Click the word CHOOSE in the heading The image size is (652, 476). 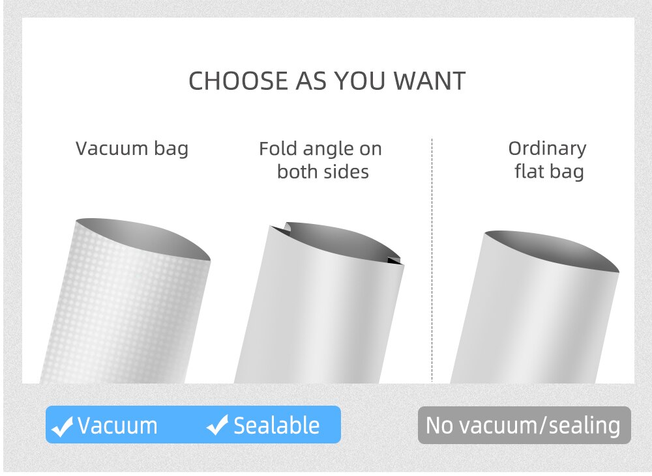tap(238, 81)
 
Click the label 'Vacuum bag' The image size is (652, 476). tap(132, 148)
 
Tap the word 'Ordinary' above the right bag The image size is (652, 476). tap(547, 149)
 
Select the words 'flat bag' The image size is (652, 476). tap(549, 172)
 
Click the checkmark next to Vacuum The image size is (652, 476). tap(62, 427)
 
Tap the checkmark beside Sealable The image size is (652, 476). tap(218, 425)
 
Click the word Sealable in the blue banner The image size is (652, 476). tap(276, 426)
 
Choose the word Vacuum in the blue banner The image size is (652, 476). tap(117, 426)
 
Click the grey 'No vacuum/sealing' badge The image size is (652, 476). tap(524, 425)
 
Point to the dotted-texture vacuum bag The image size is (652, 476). tap(125, 307)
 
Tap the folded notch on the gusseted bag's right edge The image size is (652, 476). tap(395, 260)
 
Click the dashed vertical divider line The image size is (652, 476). tap(432, 260)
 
